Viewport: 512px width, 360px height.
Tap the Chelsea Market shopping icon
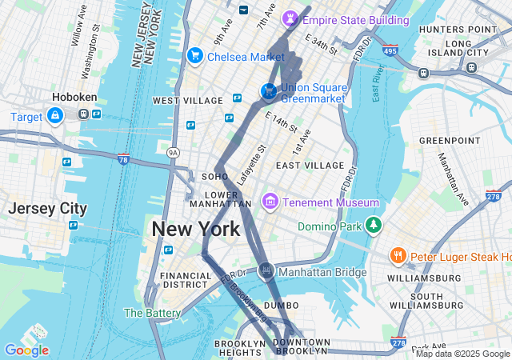tap(194, 56)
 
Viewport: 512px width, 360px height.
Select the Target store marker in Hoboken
tap(54, 117)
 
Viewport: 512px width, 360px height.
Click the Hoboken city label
tap(74, 97)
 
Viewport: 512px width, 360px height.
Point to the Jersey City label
tap(47, 208)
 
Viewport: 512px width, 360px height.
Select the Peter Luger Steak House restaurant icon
tap(398, 256)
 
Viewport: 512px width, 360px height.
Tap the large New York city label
tap(196, 230)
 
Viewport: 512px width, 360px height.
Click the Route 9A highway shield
tap(173, 151)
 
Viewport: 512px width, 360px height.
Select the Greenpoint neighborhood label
tap(448, 140)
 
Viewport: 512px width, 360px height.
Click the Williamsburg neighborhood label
tap(425, 278)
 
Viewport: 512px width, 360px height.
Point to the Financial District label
tap(185, 279)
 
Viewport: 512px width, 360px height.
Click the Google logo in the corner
tap(26, 350)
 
